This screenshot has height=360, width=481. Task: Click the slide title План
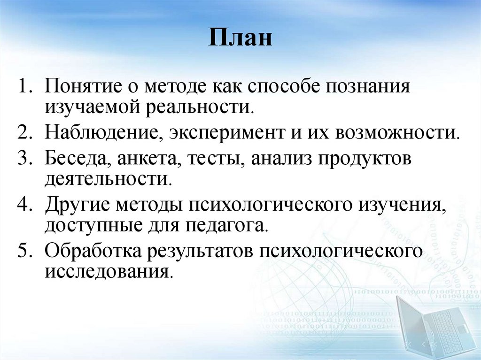pos(240,38)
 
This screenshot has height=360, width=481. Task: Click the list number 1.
pos(24,88)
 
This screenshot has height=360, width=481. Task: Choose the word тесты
pos(217,158)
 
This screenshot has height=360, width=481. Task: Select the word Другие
pos(79,205)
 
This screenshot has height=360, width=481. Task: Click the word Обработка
pos(94,251)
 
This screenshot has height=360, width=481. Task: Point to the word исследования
pos(106,272)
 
